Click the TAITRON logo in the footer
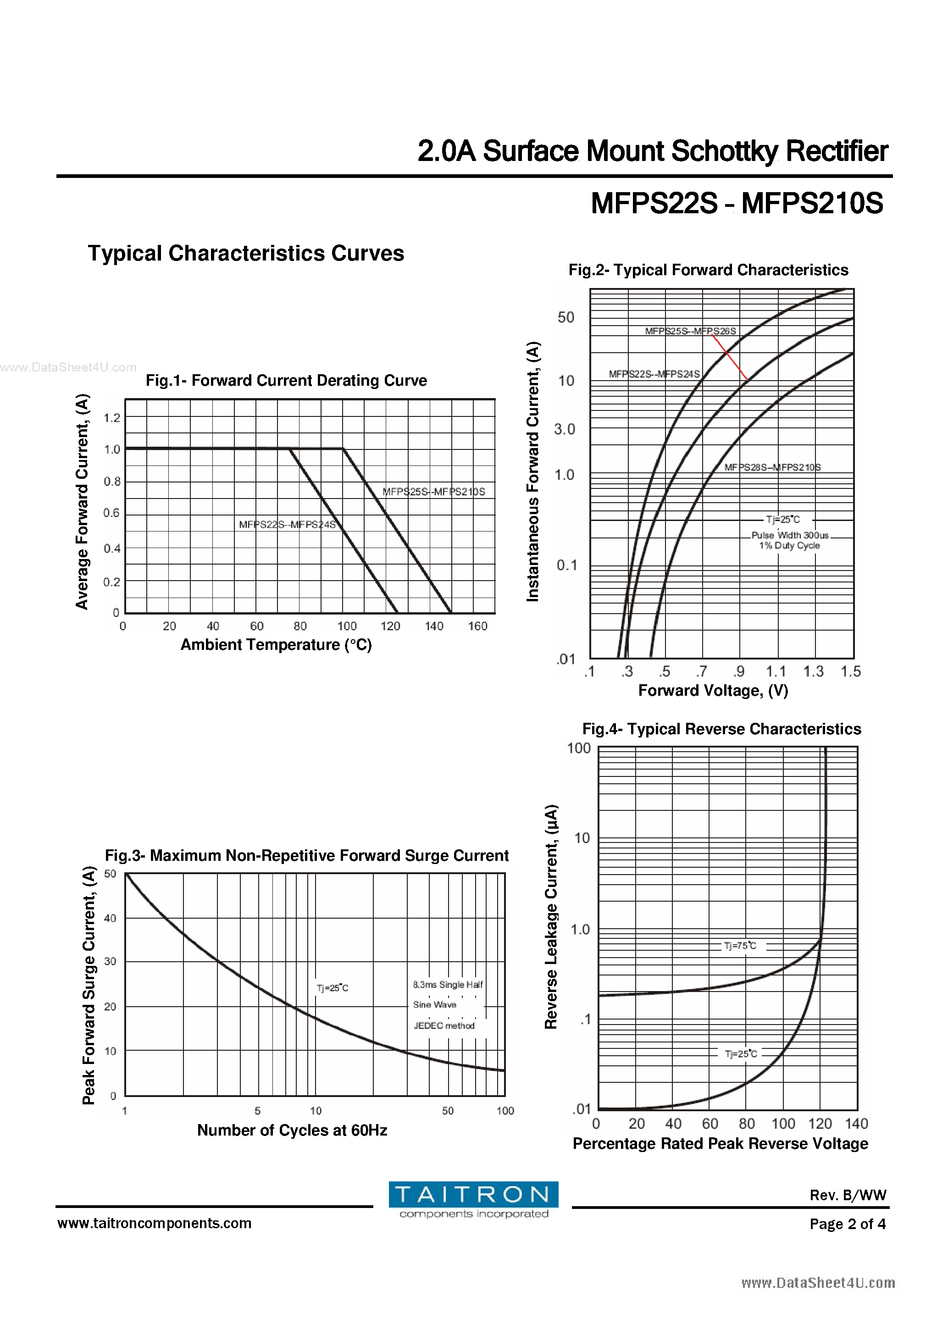tap(473, 1200)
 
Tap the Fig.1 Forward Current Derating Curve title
tap(286, 380)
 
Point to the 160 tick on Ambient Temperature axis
tap(477, 626)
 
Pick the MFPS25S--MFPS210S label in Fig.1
tap(433, 492)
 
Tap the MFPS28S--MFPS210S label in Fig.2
tap(772, 467)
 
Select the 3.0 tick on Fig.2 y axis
tap(564, 429)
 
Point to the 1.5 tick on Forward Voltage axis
tap(850, 672)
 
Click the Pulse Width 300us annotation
tap(790, 535)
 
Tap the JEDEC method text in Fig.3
tap(444, 1025)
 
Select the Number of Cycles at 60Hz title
tap(292, 1130)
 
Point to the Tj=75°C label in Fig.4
tap(740, 946)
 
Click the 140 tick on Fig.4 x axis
tap(856, 1124)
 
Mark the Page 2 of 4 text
tap(847, 1224)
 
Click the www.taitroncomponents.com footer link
tap(154, 1223)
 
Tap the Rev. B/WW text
tap(848, 1195)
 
